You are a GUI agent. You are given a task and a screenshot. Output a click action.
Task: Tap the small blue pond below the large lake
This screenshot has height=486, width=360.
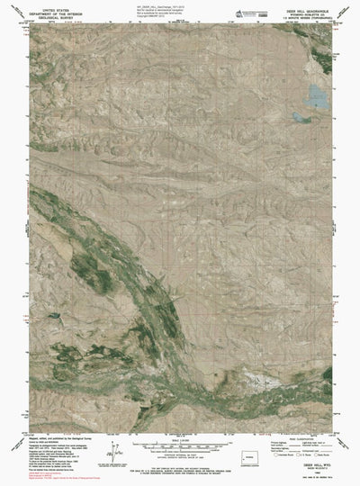click(x=299, y=116)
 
